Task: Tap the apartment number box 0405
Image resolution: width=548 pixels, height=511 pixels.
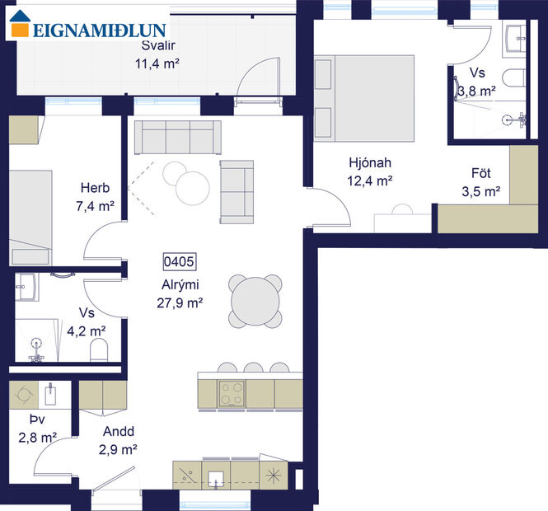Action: pyautogui.click(x=179, y=262)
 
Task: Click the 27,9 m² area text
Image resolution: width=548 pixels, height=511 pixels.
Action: pyautogui.click(x=179, y=302)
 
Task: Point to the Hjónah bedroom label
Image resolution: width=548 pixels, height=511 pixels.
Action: pyautogui.click(x=368, y=162)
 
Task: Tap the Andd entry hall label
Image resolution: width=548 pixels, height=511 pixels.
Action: pyautogui.click(x=118, y=431)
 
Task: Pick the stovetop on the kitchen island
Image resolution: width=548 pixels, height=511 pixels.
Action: pyautogui.click(x=231, y=392)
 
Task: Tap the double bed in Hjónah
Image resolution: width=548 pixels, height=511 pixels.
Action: pyautogui.click(x=363, y=98)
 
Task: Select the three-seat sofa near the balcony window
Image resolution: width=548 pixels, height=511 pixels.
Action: pyautogui.click(x=177, y=137)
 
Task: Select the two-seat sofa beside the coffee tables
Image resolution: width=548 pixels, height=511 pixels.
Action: pyautogui.click(x=237, y=191)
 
